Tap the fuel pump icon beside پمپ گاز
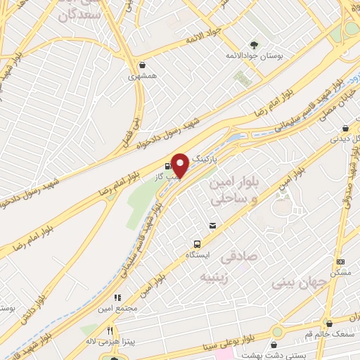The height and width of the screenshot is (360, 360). (x=156, y=166)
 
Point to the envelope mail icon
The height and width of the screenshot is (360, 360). (x=212, y=226)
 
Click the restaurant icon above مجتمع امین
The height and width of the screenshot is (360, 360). (x=118, y=297)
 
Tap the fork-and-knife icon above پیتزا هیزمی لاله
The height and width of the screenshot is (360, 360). (x=110, y=330)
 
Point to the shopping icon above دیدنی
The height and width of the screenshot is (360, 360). (x=345, y=128)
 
